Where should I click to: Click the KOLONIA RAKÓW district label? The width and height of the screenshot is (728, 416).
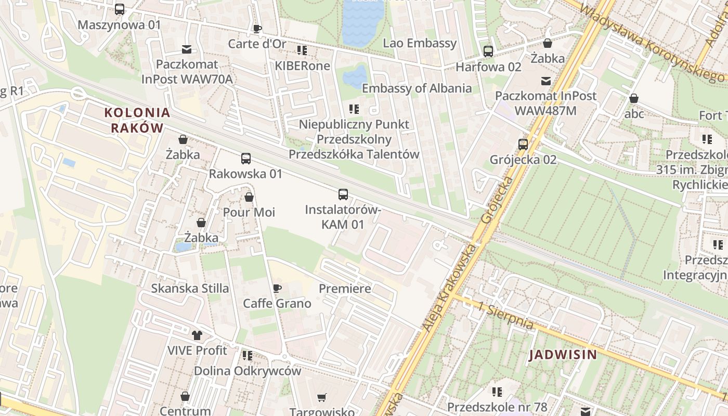point(137,120)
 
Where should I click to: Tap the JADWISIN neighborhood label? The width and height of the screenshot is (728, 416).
point(563,355)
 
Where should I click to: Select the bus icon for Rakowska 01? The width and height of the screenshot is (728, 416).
point(246,159)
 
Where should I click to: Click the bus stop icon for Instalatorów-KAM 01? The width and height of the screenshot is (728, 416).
point(343,194)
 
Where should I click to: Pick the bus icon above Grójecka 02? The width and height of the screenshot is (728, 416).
point(523,144)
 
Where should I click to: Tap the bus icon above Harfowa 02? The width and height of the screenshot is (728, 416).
point(488,51)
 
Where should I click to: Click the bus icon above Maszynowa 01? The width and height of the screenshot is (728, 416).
point(120,9)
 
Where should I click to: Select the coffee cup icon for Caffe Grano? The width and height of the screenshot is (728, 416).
point(277,288)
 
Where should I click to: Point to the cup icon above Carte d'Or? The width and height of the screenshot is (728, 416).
point(257,29)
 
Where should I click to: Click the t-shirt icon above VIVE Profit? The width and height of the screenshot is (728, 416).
point(197,335)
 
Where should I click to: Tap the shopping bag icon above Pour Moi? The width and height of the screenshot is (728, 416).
point(249,197)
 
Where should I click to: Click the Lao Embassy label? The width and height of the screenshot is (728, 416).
point(420,43)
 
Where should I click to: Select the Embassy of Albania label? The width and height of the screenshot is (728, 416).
point(417,88)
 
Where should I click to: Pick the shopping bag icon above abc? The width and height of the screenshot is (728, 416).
point(634,98)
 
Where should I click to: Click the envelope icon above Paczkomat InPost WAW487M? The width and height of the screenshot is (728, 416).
point(546,81)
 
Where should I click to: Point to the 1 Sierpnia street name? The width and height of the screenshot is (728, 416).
point(506,316)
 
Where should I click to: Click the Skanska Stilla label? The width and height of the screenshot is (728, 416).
point(190,288)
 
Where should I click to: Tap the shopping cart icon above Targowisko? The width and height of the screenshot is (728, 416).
point(322,398)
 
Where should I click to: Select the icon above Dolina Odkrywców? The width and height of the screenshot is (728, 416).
point(248,356)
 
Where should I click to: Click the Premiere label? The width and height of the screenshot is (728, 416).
point(345,289)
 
